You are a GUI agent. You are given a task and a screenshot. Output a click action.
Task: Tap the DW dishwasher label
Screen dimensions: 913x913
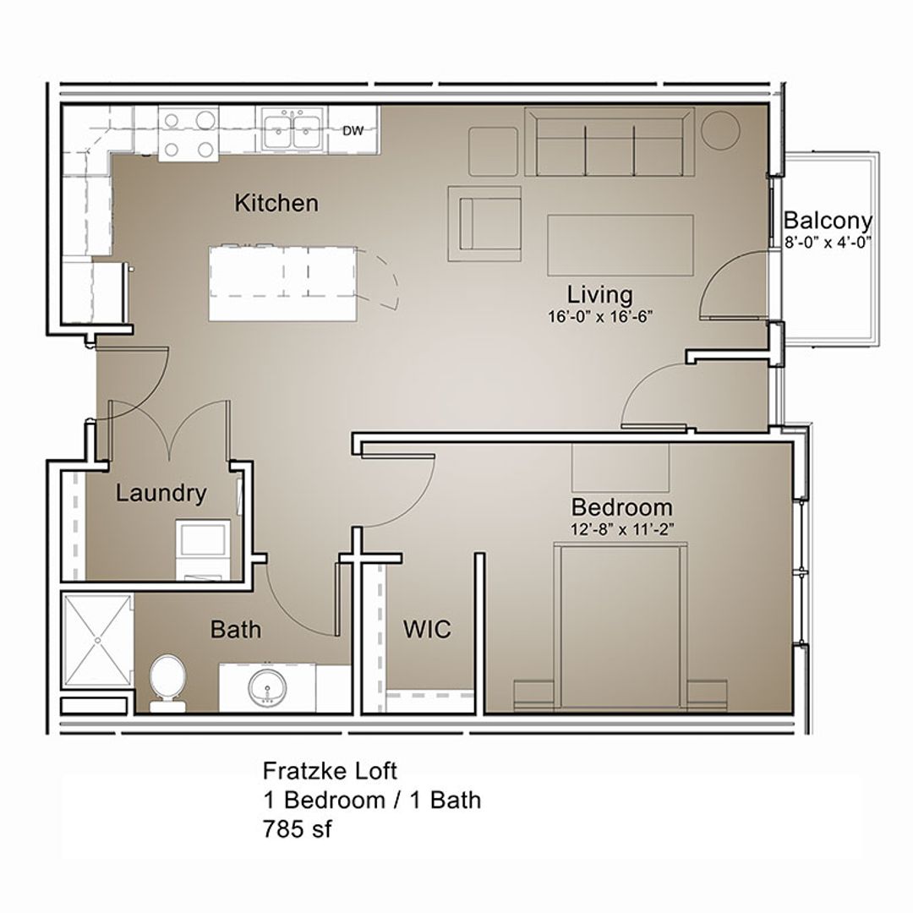pyautogui.click(x=353, y=130)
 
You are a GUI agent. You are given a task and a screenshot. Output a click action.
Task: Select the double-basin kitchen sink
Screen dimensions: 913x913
pyautogui.click(x=291, y=130)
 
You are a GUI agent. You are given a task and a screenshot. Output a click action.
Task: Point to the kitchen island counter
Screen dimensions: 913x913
pyautogui.click(x=282, y=283)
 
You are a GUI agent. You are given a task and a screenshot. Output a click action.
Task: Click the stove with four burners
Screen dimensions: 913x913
pyautogui.click(x=188, y=134)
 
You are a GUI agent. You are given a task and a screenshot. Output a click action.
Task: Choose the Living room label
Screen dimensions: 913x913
pyautogui.click(x=599, y=295)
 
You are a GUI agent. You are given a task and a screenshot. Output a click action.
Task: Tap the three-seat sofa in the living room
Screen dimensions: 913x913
pyautogui.click(x=609, y=142)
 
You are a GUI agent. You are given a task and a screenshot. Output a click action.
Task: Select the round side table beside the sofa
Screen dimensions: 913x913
pyautogui.click(x=720, y=129)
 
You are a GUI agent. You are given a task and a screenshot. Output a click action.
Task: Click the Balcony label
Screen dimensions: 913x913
pyautogui.click(x=827, y=221)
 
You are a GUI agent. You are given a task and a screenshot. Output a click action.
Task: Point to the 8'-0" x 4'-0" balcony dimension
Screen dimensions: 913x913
pyautogui.click(x=827, y=241)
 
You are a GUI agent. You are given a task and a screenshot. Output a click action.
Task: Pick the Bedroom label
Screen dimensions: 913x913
pyautogui.click(x=621, y=507)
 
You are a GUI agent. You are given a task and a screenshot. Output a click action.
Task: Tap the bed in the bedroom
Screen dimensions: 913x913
pyautogui.click(x=621, y=626)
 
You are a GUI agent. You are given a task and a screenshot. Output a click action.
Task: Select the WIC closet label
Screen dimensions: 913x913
pyautogui.click(x=426, y=629)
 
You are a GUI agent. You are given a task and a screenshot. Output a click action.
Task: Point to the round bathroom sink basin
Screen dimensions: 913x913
pyautogui.click(x=267, y=687)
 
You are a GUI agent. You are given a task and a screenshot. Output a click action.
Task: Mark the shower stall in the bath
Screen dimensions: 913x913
pyautogui.click(x=98, y=640)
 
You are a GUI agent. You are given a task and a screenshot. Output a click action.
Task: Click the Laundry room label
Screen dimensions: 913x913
pyautogui.click(x=161, y=493)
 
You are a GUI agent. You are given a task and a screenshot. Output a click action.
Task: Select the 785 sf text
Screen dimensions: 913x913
pyautogui.click(x=297, y=829)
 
